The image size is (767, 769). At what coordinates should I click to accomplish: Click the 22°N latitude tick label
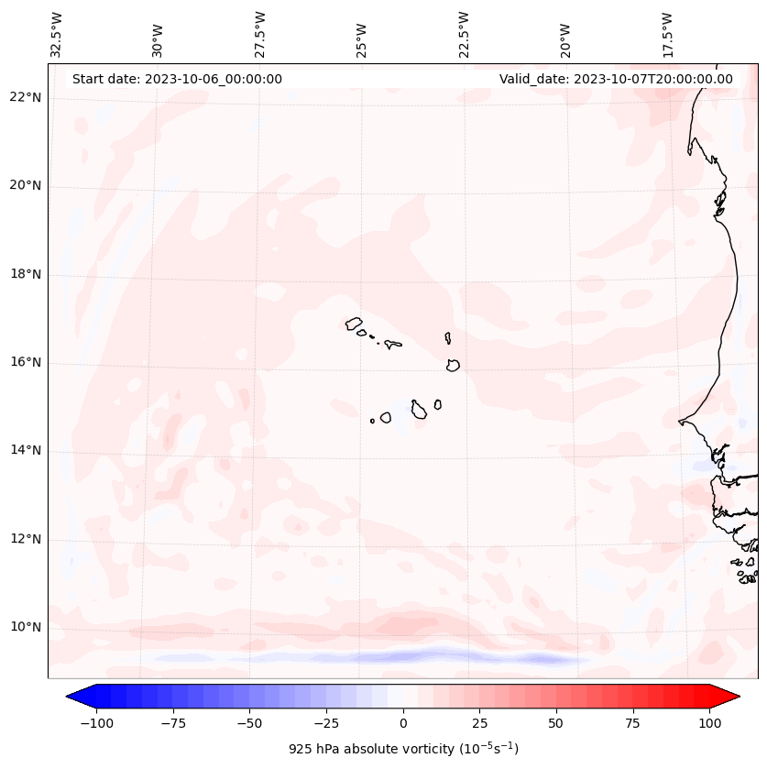tap(27, 98)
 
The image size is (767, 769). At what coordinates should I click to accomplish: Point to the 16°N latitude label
tap(27, 363)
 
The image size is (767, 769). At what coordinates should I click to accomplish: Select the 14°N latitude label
tap(27, 451)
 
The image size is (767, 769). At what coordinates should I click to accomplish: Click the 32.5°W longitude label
tap(57, 35)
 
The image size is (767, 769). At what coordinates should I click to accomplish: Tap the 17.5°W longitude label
tap(668, 35)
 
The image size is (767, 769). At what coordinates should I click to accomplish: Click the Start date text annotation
tap(177, 79)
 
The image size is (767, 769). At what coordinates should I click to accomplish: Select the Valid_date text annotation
tap(616, 79)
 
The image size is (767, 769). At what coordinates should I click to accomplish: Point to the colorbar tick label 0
tap(403, 723)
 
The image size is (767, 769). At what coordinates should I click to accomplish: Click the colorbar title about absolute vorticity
tap(403, 749)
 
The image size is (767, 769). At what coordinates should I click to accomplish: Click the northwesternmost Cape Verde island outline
tap(354, 323)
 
